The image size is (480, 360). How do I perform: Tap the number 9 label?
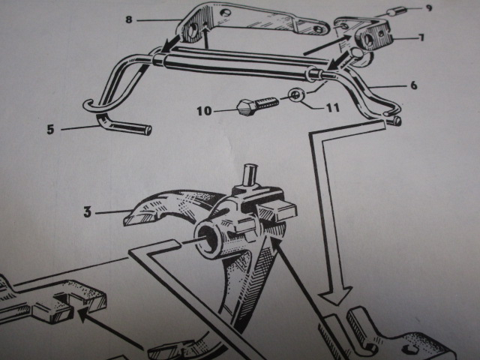(428, 8)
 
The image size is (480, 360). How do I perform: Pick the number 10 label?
(203, 111)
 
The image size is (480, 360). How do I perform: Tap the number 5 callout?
(51, 129)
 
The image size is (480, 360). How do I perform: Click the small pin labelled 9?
(394, 13)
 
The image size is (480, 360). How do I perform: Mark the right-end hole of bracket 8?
(319, 30)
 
